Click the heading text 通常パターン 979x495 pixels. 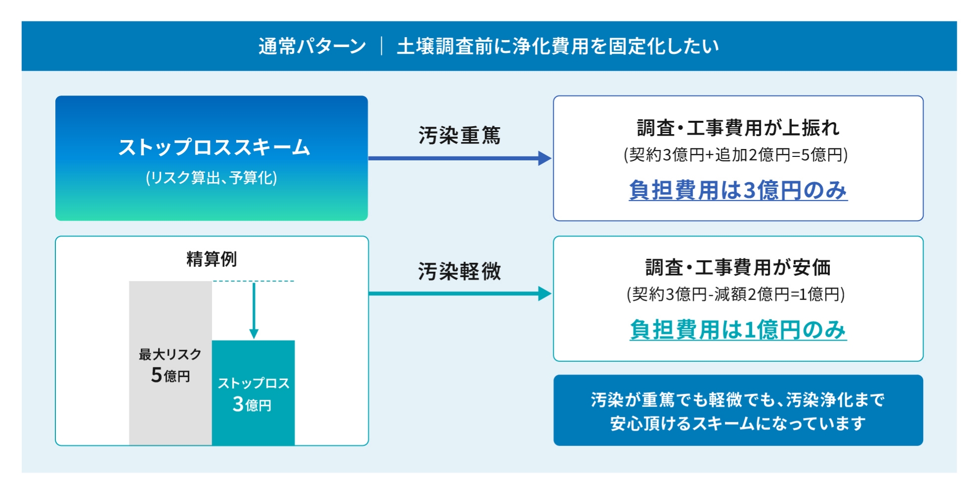(x=312, y=47)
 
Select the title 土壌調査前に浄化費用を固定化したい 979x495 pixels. (x=558, y=47)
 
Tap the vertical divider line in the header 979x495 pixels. (x=382, y=47)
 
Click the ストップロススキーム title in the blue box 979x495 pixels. (x=214, y=148)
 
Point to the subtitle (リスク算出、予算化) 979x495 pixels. (x=212, y=178)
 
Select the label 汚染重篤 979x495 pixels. (x=459, y=135)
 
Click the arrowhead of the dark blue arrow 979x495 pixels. (x=544, y=158)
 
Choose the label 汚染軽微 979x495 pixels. (x=459, y=271)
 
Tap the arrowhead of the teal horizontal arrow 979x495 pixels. (x=544, y=294)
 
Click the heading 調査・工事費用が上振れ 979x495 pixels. (x=738, y=128)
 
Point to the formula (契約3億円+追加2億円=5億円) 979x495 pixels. (x=736, y=155)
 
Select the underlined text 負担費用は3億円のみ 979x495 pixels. (x=738, y=191)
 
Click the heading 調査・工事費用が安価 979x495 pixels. (x=738, y=267)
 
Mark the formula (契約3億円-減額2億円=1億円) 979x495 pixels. (x=736, y=295)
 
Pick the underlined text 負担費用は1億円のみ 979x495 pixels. (x=738, y=330)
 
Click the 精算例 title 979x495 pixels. (x=212, y=259)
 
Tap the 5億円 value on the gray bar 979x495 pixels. (x=170, y=375)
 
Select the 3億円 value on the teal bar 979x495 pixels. (x=252, y=404)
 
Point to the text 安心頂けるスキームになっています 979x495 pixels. (x=738, y=424)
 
